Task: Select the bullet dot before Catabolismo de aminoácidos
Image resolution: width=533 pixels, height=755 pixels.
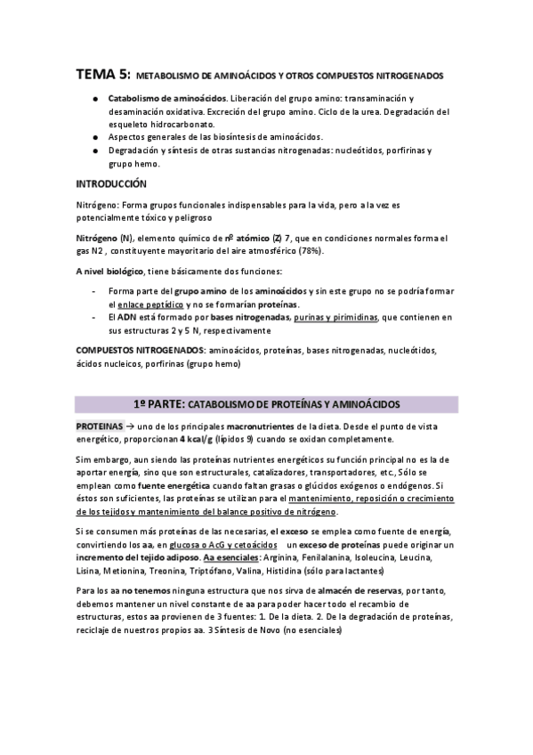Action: (94, 98)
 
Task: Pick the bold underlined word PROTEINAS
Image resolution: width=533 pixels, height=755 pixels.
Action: (100, 426)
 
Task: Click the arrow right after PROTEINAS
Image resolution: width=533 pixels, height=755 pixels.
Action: (131, 426)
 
